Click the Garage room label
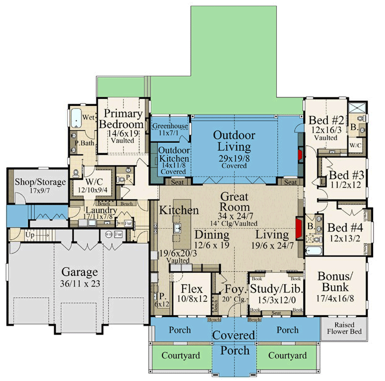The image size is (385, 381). click(80, 272)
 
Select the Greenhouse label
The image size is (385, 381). click(170, 126)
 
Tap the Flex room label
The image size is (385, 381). click(192, 289)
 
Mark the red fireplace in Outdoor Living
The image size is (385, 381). click(300, 156)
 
